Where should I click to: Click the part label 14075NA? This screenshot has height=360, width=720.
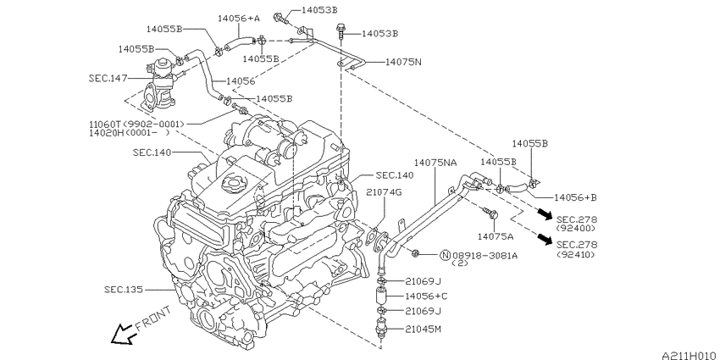pyautogui.click(x=435, y=163)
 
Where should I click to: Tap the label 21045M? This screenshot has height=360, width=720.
pyautogui.click(x=424, y=329)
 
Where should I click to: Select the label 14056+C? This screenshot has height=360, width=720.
pyautogui.click(x=426, y=296)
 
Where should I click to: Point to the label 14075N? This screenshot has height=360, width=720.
pyautogui.click(x=403, y=62)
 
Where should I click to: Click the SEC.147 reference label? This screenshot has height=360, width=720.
pyautogui.click(x=108, y=78)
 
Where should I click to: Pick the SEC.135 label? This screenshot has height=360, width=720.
pyautogui.click(x=123, y=290)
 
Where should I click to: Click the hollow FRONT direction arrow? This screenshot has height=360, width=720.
pyautogui.click(x=123, y=335)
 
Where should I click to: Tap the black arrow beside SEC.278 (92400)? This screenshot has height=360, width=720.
pyautogui.click(x=545, y=213)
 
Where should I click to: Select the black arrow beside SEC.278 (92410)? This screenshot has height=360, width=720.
pyautogui.click(x=545, y=239)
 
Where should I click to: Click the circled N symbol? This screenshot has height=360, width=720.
pyautogui.click(x=445, y=255)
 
